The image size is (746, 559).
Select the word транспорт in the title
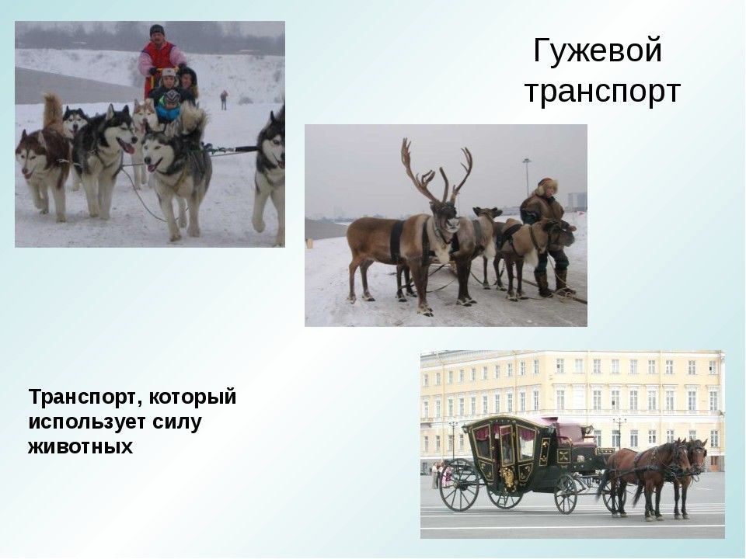click(x=602, y=92)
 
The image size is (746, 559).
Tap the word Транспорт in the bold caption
click(x=84, y=397)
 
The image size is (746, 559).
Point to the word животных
click(x=80, y=446)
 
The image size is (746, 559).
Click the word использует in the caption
click(x=88, y=422)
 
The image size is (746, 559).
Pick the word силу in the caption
click(x=177, y=422)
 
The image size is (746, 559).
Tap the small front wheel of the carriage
click(x=566, y=494)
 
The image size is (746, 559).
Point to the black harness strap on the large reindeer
click(x=396, y=241)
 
